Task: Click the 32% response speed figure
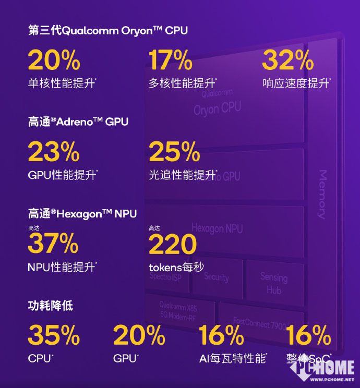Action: (288, 60)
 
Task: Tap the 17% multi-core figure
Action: (171, 60)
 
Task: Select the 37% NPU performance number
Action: (53, 244)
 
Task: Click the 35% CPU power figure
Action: (54, 335)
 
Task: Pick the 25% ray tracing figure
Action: (174, 152)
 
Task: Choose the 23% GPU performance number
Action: (54, 152)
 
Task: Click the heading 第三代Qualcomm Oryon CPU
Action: (108, 31)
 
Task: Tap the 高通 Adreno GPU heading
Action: (78, 122)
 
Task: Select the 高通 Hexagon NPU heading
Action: (82, 214)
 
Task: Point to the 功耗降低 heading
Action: (51, 306)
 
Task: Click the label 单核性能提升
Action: (62, 83)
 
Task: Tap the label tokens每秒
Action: (176, 267)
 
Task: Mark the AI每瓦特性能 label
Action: (232, 359)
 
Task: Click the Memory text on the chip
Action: (321, 194)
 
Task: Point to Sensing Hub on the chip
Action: (274, 284)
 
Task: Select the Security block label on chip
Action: (217, 277)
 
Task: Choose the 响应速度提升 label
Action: (296, 83)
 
